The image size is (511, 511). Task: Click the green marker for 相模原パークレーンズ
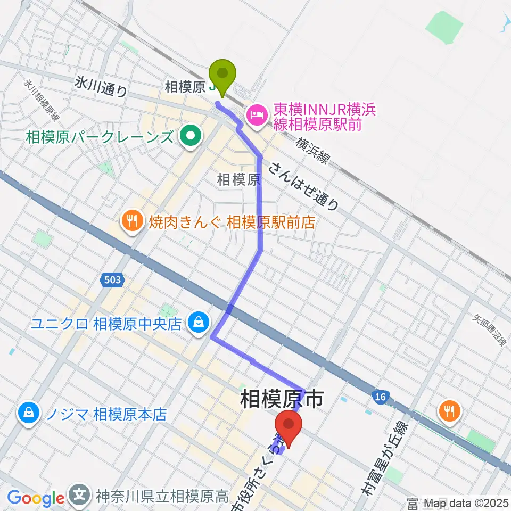[189, 137]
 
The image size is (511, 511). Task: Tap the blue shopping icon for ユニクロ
[198, 323]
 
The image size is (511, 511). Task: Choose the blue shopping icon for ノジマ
[27, 413]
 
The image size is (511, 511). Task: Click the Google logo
[35, 498]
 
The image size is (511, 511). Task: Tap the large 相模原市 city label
[282, 399]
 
